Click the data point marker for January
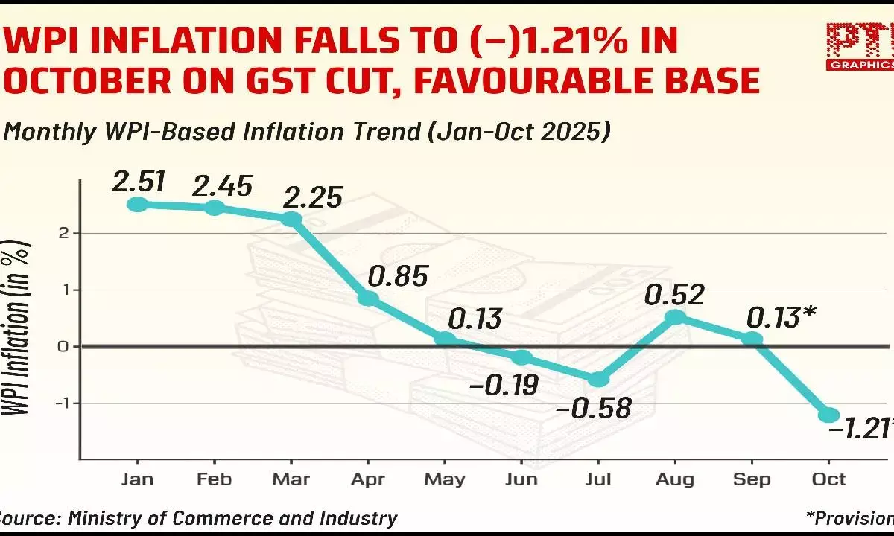tap(137, 204)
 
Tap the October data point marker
tap(830, 415)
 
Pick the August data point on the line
tap(675, 317)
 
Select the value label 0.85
tap(399, 276)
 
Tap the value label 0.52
tap(675, 295)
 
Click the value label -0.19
tap(504, 385)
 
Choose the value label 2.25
tap(312, 197)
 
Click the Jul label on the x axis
tap(598, 479)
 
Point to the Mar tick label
tap(291, 479)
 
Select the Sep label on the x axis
tap(752, 479)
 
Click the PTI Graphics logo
tap(859, 46)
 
